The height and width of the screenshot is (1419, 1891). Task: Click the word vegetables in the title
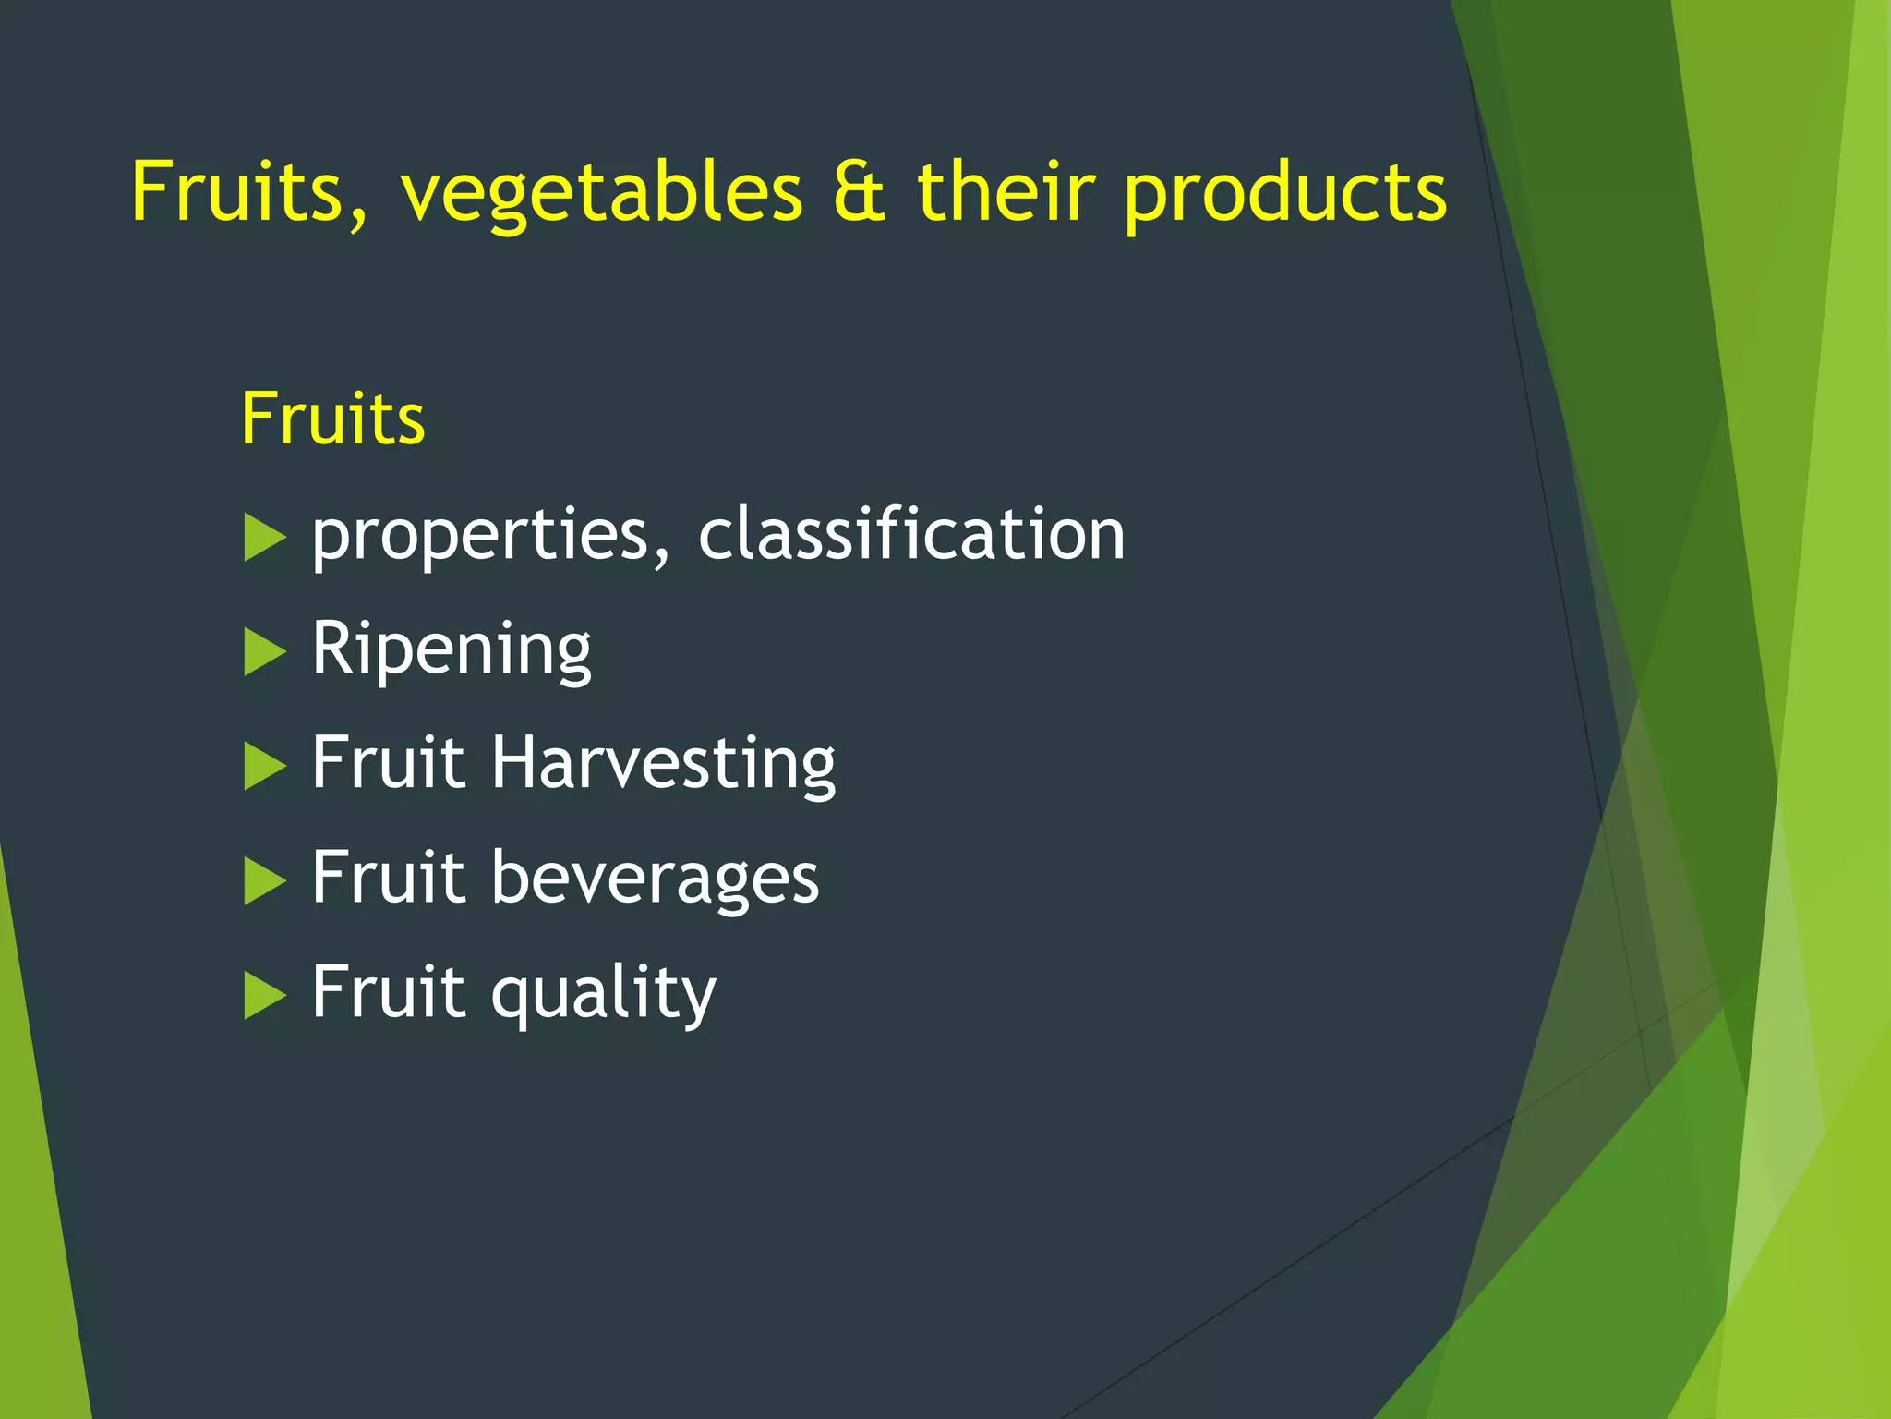click(601, 194)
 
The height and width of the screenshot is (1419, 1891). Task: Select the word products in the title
click(1285, 194)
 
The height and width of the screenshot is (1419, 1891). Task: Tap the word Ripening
click(451, 650)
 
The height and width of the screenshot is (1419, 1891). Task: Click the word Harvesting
click(663, 764)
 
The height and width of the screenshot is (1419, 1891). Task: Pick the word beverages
click(655, 878)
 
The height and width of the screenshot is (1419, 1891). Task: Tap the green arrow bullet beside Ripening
click(264, 652)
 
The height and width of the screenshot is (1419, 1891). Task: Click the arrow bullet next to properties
click(264, 538)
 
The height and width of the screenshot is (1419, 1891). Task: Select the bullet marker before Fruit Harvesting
click(264, 767)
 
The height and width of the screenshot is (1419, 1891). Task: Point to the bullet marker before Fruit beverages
click(264, 880)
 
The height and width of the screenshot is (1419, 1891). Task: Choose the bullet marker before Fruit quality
click(264, 995)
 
